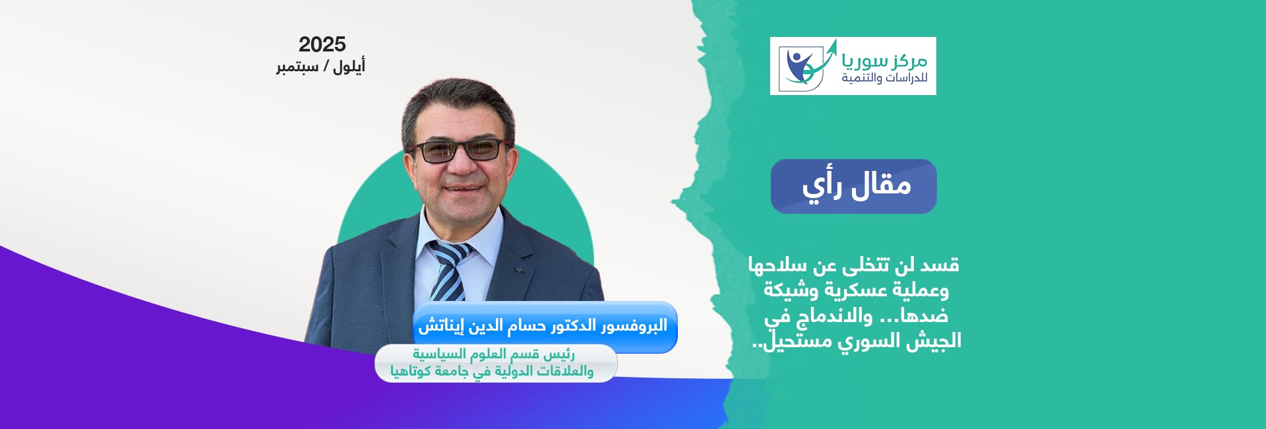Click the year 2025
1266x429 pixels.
(322, 44)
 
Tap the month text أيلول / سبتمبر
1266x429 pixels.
(320, 67)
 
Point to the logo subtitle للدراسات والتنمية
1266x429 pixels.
(884, 79)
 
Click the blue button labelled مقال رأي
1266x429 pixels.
(854, 186)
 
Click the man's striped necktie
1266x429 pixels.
(449, 271)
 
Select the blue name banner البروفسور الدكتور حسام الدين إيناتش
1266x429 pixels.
(545, 326)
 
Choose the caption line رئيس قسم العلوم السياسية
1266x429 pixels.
(494, 354)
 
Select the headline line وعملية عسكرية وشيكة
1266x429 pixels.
(856, 290)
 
